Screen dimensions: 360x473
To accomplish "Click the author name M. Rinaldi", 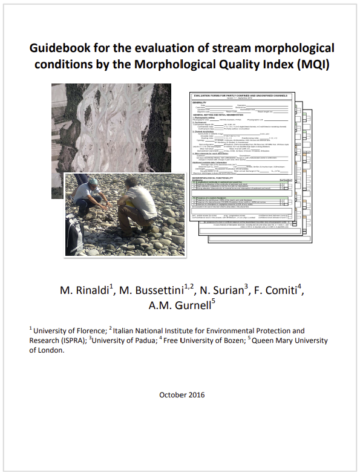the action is tap(85, 290).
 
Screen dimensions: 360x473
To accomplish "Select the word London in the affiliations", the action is tap(50, 350).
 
